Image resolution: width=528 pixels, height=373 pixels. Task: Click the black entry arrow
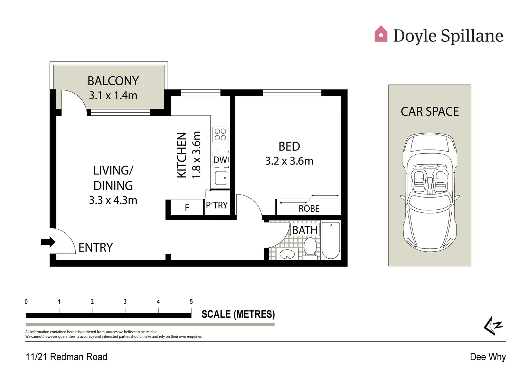48,242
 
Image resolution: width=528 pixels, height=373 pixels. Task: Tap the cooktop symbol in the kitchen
220,134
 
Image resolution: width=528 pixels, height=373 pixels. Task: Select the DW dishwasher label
220,160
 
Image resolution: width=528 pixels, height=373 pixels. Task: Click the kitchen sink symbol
221,178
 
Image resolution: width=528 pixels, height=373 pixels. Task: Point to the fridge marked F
187,208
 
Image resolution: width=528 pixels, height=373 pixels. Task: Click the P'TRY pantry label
217,205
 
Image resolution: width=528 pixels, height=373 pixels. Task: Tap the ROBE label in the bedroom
309,209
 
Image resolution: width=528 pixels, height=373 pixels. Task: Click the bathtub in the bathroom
331,240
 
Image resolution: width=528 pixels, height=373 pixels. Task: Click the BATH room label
305,230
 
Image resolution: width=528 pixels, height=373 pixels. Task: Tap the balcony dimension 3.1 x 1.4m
113,95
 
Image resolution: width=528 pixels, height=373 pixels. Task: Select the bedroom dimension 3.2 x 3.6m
289,161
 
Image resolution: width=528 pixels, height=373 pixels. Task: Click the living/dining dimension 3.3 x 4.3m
113,200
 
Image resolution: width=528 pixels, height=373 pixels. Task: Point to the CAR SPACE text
430,112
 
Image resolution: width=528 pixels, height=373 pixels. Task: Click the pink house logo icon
381,34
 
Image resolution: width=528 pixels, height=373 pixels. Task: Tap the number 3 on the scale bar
125,302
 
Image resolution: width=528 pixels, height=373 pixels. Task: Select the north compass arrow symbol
493,326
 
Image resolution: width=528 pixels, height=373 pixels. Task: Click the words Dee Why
488,357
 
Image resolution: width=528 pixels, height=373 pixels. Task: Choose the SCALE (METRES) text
238,314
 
